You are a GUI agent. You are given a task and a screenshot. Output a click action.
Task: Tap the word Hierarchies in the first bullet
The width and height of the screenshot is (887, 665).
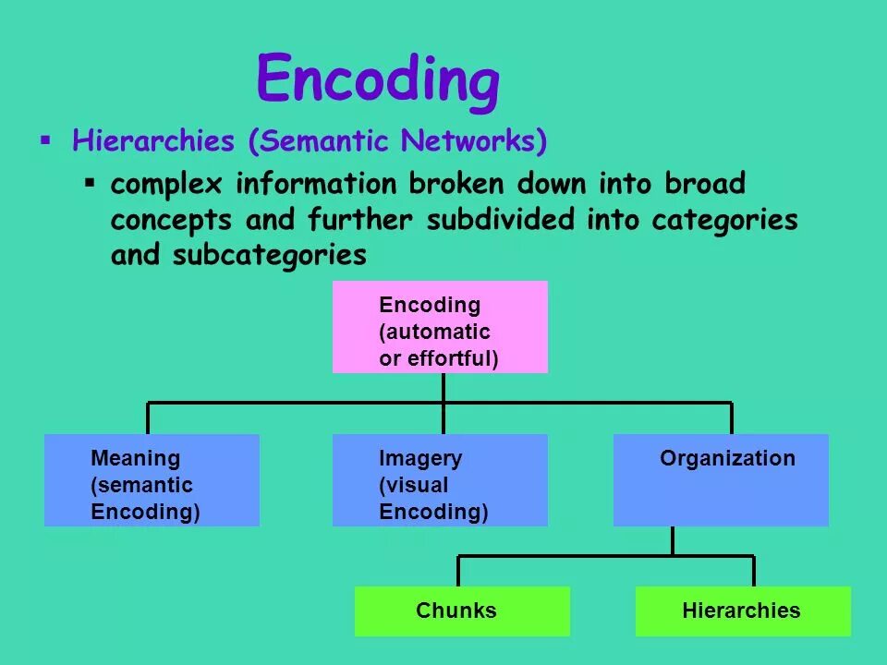(153, 141)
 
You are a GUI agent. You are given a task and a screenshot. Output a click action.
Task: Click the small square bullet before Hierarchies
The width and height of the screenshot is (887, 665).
(44, 140)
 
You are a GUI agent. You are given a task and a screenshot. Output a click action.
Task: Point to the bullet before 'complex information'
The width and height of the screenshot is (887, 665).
(90, 182)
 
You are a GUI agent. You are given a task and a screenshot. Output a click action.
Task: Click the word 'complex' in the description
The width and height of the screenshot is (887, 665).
(167, 184)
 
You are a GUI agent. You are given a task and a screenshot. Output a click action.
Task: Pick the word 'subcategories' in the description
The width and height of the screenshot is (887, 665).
(269, 255)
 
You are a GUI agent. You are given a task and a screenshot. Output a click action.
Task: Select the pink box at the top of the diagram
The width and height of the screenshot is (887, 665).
(440, 327)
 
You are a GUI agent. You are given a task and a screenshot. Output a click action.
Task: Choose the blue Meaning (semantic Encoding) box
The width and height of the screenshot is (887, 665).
(152, 480)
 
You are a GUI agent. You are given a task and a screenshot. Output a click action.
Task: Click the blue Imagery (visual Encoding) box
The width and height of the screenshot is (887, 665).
(440, 480)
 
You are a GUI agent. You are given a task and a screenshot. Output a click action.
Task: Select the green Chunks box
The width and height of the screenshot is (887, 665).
(462, 611)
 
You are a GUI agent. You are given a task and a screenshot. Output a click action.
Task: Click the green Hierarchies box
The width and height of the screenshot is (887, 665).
(743, 611)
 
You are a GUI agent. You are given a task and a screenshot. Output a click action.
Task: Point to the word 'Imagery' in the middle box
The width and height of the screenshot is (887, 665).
(420, 458)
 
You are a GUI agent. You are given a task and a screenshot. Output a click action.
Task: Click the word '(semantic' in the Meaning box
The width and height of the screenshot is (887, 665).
(141, 485)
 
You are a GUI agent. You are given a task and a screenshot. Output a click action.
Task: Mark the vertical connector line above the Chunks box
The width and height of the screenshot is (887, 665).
(458, 571)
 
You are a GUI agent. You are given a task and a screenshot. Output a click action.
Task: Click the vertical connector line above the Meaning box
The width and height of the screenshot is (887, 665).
(148, 417)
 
